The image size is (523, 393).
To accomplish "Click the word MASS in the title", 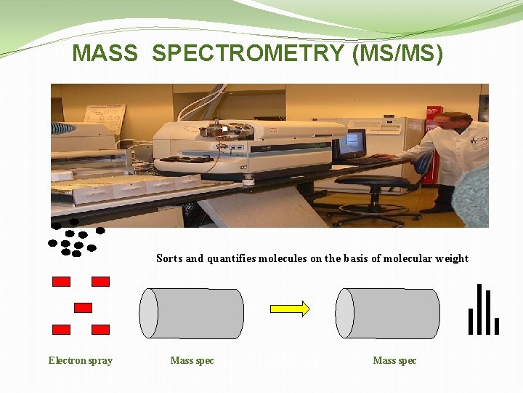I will click(x=105, y=54).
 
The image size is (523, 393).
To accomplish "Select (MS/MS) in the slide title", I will click(x=397, y=54).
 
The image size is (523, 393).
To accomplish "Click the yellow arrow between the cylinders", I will click(x=290, y=309).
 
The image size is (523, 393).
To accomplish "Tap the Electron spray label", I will click(x=81, y=360).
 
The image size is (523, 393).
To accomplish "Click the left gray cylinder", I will click(x=192, y=313).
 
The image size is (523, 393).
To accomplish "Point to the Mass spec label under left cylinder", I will click(x=192, y=360).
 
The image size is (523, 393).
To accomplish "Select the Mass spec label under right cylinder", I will click(x=394, y=360).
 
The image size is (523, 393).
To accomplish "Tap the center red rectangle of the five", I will click(x=84, y=307).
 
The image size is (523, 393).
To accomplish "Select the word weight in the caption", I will click(x=452, y=258).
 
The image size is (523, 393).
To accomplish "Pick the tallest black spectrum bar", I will click(x=479, y=309).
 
